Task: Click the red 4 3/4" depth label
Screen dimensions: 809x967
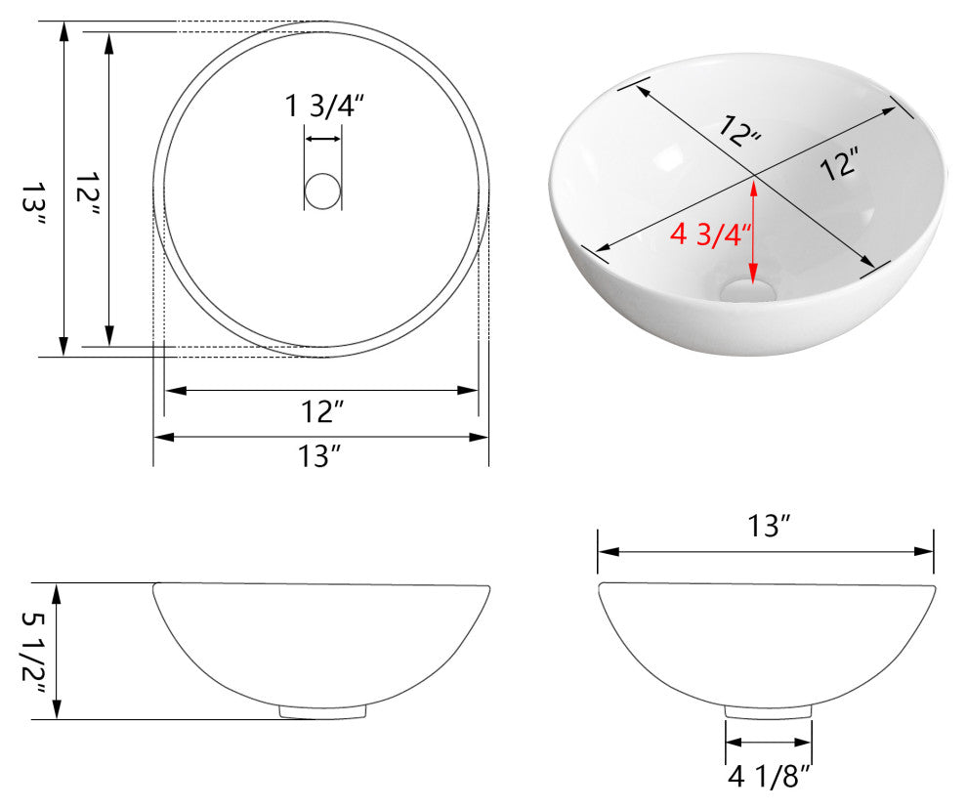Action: (x=710, y=235)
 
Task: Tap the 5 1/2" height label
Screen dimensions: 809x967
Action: (x=33, y=652)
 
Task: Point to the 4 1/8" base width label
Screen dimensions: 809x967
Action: (x=769, y=778)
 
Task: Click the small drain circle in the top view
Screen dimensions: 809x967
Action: (x=322, y=191)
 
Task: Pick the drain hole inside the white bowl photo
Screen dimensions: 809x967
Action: (x=750, y=290)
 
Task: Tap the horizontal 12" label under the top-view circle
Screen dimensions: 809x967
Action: (x=322, y=412)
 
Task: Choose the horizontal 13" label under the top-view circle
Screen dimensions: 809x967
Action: (x=321, y=456)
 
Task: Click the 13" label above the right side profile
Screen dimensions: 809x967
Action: (x=768, y=527)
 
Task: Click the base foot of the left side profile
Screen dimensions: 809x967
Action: (x=322, y=713)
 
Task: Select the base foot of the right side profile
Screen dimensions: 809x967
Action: (x=769, y=712)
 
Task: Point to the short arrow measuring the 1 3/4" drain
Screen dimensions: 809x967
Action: (x=323, y=139)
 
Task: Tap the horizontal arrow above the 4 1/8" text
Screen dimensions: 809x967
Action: (x=769, y=745)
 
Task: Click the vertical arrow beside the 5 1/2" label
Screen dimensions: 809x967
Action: (x=58, y=652)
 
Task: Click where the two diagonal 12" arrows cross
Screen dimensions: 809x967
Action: (x=753, y=176)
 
